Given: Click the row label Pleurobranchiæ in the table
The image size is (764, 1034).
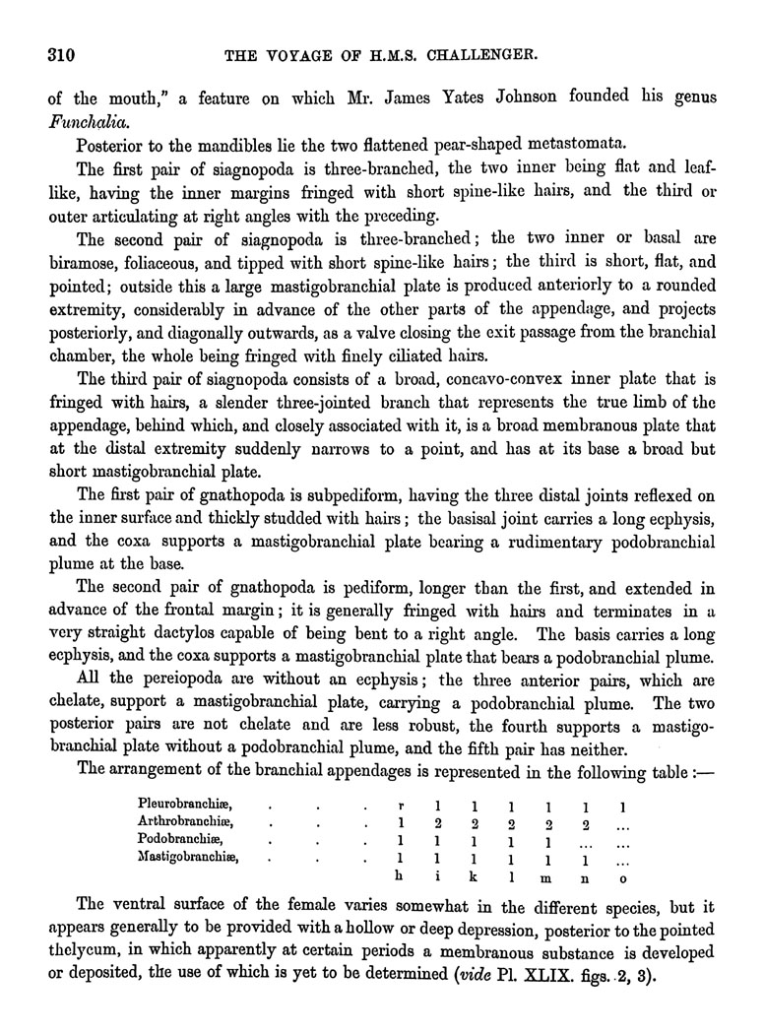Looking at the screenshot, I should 185,807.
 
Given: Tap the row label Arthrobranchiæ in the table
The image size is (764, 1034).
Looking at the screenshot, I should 185,823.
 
